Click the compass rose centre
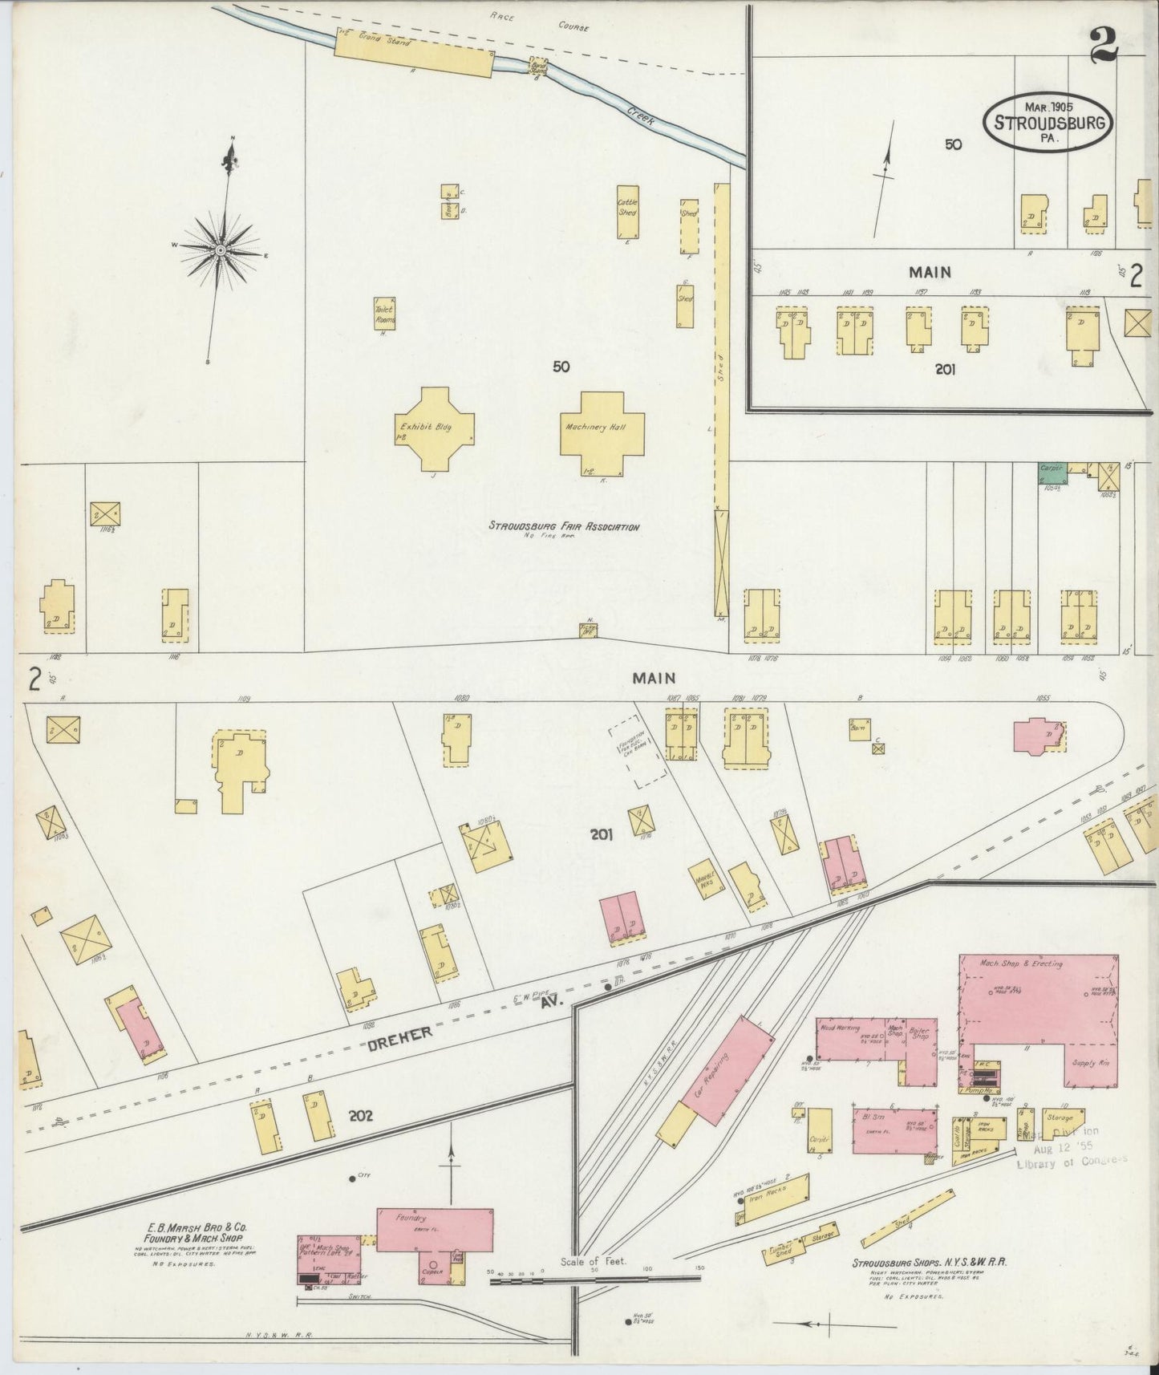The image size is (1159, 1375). point(219,251)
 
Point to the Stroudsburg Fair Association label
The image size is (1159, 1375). point(564,527)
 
